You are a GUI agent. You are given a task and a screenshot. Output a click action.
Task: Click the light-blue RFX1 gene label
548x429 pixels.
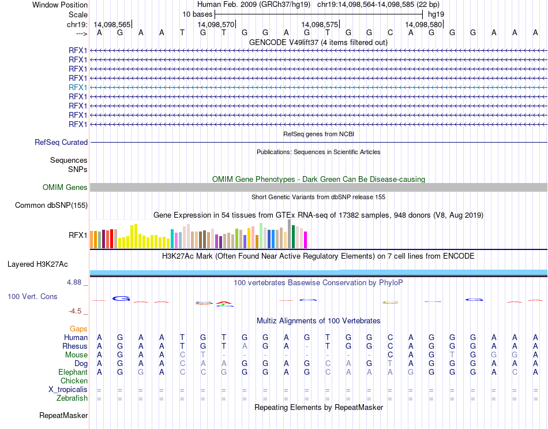pos(78,87)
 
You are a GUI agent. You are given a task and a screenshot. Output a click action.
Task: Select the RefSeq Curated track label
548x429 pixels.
pos(61,142)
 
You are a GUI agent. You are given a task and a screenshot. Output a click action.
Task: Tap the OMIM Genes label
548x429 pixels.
pos(65,187)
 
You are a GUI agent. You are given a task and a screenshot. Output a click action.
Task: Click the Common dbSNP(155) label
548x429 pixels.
pos(51,205)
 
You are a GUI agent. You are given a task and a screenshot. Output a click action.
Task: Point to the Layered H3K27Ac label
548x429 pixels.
pos(37,264)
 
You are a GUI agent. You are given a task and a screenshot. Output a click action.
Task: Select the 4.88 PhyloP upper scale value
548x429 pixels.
pos(75,282)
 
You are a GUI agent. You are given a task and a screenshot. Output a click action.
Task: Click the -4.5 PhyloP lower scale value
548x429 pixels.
pos(76,311)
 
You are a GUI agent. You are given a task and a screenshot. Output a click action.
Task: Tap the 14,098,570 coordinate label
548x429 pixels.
pos(216,25)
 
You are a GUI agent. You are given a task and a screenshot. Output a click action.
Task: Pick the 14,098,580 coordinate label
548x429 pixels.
pos(423,25)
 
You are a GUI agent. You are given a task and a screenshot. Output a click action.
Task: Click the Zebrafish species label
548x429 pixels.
pos(72,398)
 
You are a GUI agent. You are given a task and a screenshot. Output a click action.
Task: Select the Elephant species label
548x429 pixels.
pos(73,372)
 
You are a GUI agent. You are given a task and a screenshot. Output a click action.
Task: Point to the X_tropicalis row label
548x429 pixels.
pos(68,390)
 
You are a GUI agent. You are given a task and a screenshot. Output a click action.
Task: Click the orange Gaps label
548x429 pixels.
pos(78,329)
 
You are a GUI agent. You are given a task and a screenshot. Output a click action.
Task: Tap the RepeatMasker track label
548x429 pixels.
pos(63,415)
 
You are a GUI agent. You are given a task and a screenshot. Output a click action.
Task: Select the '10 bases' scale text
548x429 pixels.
pos(197,14)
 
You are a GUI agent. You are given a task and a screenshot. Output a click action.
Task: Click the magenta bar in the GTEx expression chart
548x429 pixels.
pos(306,239)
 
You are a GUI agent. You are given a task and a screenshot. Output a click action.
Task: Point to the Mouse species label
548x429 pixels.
pos(76,355)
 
